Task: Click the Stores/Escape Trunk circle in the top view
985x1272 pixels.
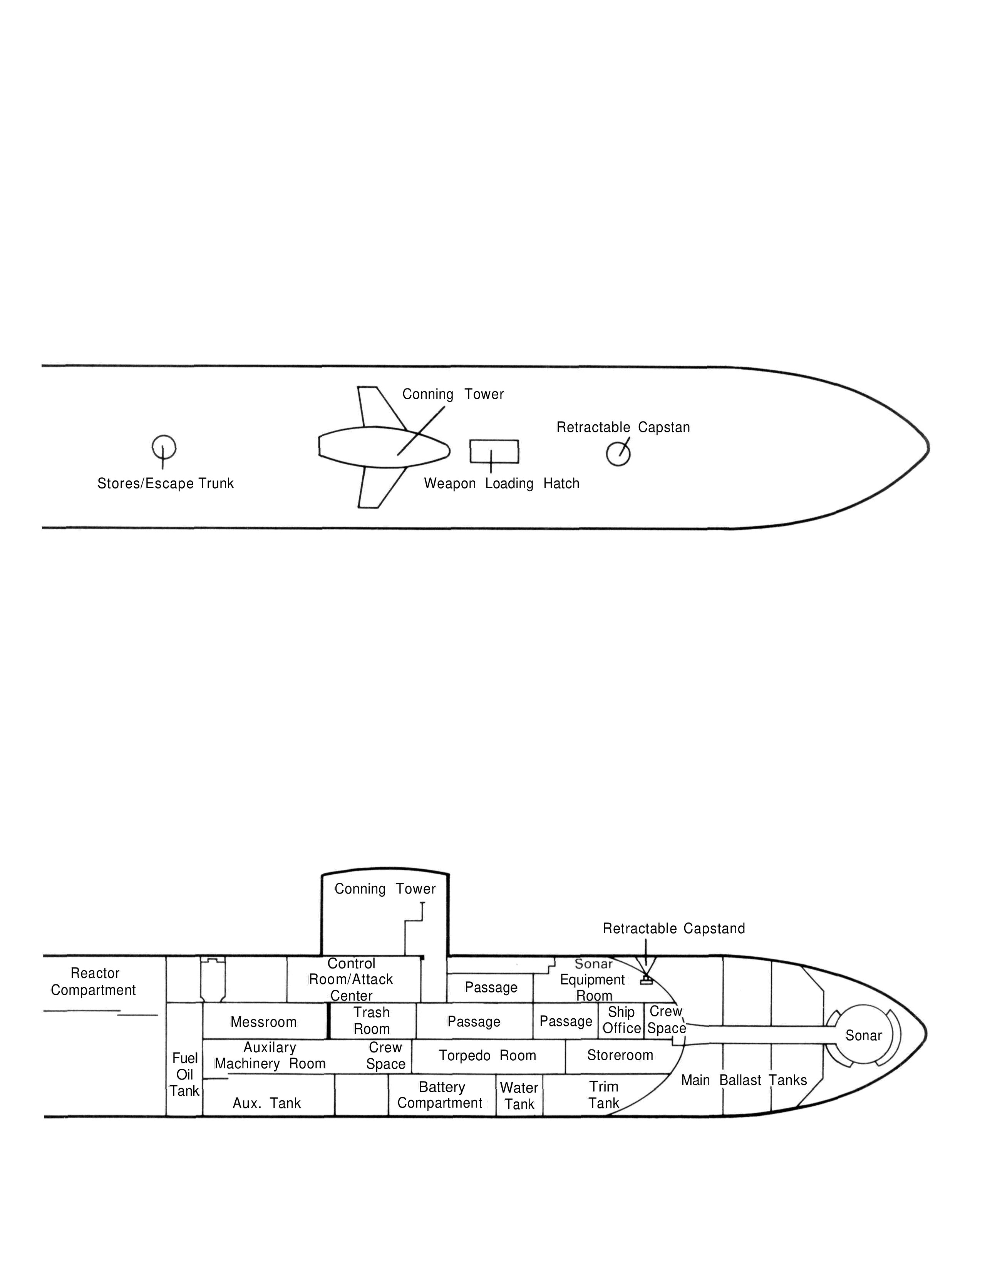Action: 164,447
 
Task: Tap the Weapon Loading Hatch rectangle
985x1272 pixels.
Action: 494,451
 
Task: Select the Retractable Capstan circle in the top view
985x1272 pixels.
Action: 618,454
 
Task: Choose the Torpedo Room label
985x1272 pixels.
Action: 487,1055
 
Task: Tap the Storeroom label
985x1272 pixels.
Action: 620,1055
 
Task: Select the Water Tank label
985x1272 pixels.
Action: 519,1096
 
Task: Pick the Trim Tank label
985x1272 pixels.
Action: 603,1095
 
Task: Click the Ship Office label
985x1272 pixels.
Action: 621,1020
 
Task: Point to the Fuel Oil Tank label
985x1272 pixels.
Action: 185,1074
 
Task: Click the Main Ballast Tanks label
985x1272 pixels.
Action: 744,1080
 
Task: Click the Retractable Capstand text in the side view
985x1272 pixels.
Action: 674,928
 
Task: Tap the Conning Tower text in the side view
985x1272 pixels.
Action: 385,889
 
